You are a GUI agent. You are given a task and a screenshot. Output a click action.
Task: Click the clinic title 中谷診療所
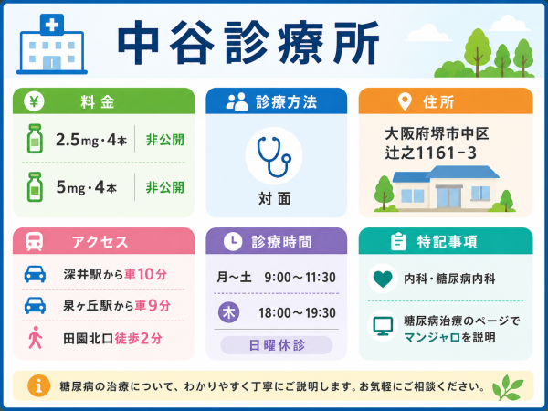248,42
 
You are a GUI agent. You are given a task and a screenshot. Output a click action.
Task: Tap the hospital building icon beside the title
52,44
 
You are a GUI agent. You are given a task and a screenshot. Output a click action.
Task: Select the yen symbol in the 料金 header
34,101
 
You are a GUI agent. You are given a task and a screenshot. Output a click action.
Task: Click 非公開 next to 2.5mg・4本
164,140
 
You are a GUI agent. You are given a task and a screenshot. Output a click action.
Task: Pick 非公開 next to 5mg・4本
164,187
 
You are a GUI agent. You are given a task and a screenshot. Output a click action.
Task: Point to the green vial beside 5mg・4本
35,187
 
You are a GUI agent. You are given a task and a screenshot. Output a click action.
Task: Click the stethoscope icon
274,156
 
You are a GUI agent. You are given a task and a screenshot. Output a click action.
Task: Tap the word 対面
275,199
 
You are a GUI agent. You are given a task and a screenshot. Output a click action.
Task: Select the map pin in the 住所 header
405,101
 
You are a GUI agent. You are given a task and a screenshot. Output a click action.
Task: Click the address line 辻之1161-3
430,153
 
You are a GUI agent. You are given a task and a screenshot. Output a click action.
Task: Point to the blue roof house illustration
445,188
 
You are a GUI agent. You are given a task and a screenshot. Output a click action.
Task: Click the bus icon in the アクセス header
35,241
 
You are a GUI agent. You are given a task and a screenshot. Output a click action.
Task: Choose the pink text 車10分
146,274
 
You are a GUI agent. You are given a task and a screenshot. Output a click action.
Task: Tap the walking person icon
36,338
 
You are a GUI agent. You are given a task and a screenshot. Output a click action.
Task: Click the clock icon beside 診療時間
233,241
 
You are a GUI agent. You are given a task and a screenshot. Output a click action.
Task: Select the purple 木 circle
229,312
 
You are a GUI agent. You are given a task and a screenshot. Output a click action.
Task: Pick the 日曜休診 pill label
277,345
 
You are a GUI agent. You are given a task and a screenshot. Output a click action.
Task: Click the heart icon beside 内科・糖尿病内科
383,279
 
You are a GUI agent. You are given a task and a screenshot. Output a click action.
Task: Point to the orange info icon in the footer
38,385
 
